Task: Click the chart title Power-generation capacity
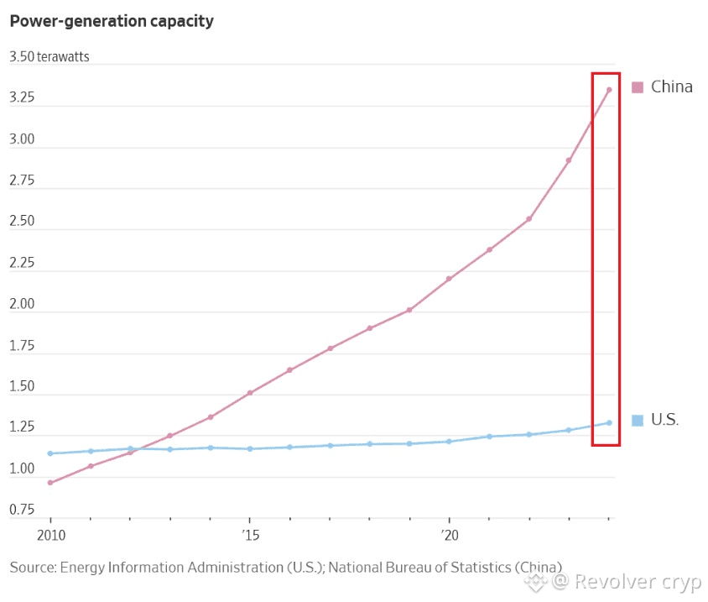112,22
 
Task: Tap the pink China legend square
637,86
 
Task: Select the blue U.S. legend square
637,420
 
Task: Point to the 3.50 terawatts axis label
49,57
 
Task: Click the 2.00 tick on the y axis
22,304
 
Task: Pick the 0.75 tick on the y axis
22,510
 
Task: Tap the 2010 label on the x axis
50,534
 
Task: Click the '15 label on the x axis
249,534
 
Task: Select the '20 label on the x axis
449,534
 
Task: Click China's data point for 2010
50,483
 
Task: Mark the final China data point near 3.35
609,90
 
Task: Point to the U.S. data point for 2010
50,453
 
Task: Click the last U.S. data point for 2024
609,422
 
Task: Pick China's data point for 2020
449,279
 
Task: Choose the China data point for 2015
250,393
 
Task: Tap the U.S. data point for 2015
250,448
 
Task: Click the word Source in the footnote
32,568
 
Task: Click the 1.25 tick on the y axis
22,427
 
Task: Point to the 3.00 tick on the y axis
22,139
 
